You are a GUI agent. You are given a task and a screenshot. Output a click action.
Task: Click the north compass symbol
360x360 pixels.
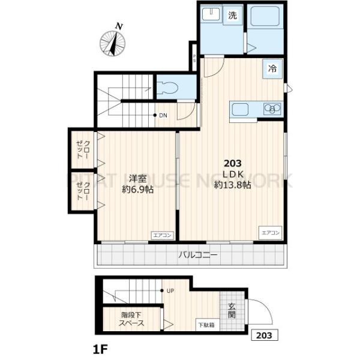[x=112, y=42]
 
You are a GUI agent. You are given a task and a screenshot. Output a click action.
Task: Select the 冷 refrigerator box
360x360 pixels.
[x=272, y=69]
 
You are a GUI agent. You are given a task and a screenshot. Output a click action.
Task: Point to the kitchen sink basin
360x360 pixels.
[x=240, y=110]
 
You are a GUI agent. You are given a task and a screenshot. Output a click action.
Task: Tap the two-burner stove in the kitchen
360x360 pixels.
[x=273, y=109]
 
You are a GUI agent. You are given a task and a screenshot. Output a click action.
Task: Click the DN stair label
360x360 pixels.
[x=163, y=115]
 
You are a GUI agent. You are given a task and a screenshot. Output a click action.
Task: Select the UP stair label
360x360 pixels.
[x=170, y=292]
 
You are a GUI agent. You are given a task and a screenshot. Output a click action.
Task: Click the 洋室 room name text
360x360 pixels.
[x=137, y=178]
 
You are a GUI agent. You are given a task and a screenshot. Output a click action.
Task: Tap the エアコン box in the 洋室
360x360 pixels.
[x=163, y=235]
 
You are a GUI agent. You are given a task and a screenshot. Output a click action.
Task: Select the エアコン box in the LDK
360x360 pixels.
[x=271, y=232]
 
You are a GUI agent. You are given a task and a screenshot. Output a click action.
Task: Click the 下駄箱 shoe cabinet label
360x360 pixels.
[x=207, y=325]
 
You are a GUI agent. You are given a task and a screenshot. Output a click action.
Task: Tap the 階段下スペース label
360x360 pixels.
[x=132, y=318]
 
